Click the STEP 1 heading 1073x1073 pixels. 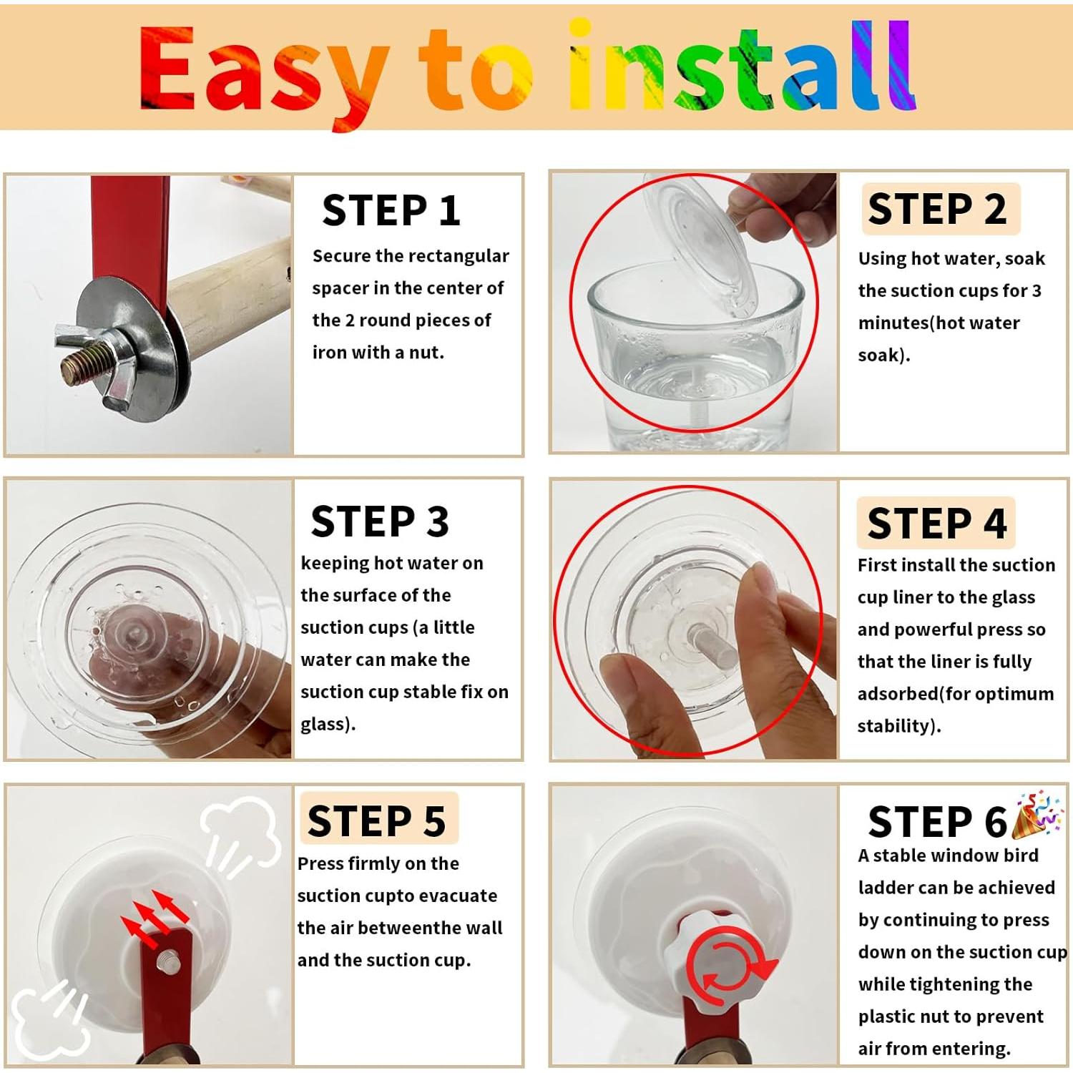coord(391,210)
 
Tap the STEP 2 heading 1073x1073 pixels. coord(937,209)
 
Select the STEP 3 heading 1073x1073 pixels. coord(380,521)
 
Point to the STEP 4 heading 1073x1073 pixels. coord(937,523)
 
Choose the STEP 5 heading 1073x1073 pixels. coord(377,820)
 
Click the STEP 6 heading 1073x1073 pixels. coord(937,821)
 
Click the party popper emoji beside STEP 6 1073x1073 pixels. coord(1038,814)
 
